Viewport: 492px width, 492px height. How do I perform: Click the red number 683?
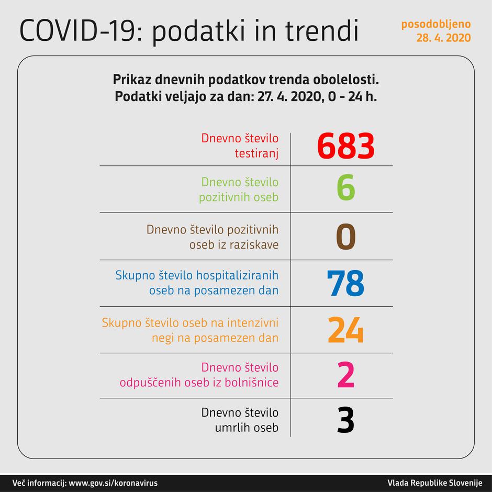(345, 146)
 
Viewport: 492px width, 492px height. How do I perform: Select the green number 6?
(345, 189)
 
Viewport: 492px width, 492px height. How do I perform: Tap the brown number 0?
(345, 237)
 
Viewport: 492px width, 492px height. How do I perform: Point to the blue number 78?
(345, 283)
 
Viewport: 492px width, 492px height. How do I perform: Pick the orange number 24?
(345, 330)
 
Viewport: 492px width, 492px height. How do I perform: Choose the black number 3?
(345, 420)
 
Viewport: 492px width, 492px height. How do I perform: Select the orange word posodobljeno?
(435, 24)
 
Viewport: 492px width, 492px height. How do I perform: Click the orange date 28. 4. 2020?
(443, 38)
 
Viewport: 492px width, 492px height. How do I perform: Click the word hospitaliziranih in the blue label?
(238, 275)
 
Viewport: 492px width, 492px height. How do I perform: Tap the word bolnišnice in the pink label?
(252, 383)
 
